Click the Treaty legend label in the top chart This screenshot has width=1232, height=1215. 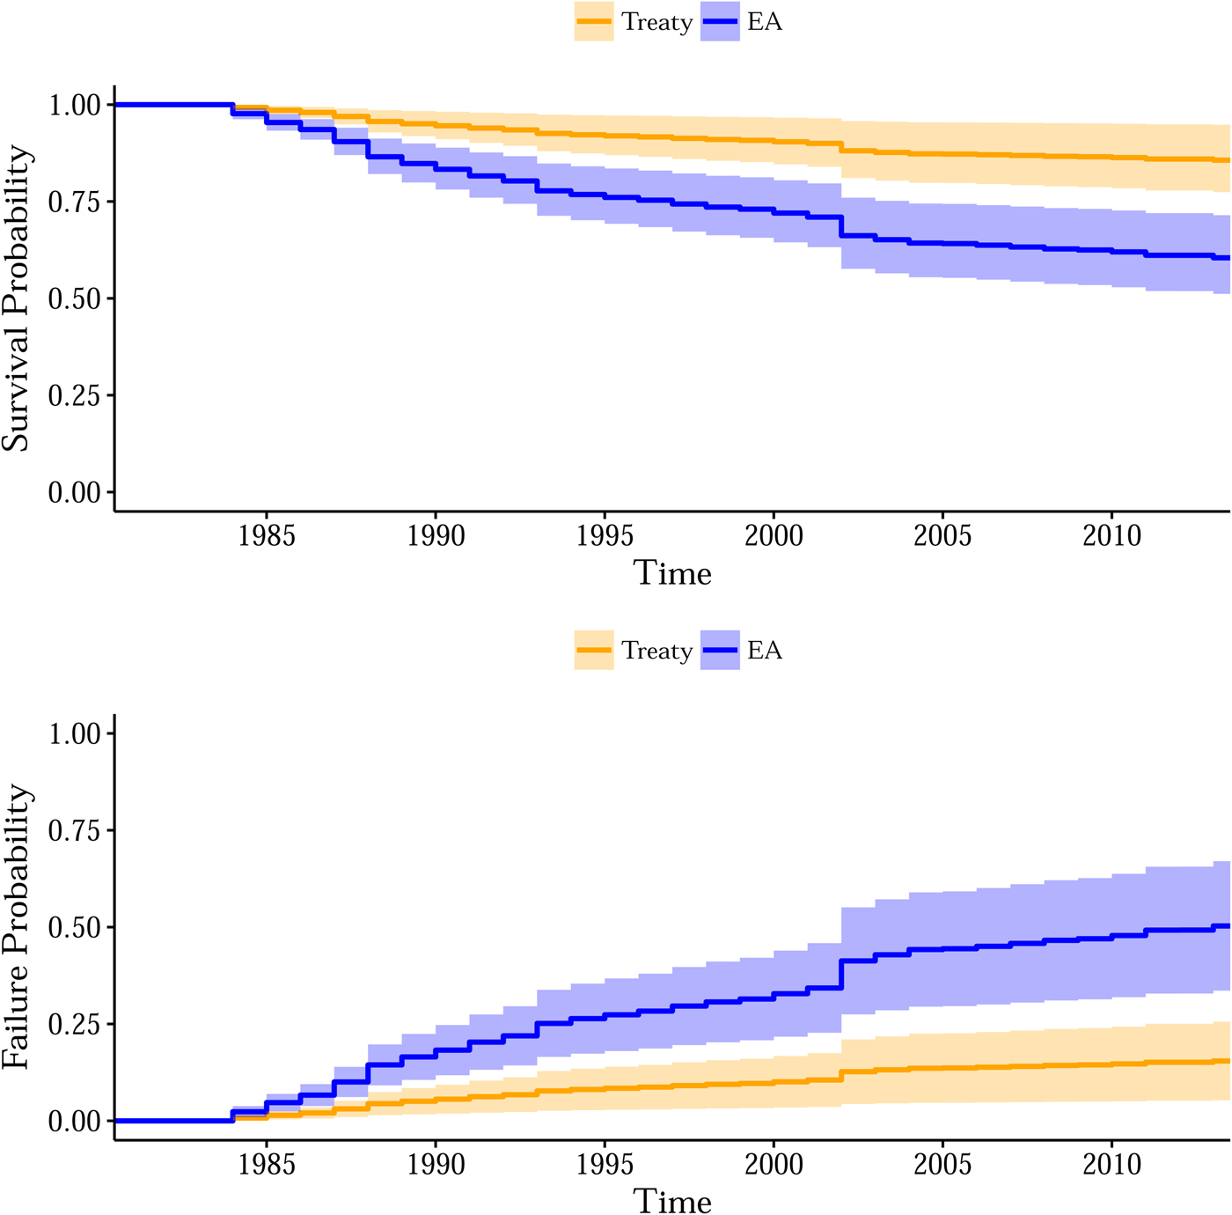656,22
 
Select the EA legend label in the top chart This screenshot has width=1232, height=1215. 765,22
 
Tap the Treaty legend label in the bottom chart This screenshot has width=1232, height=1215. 656,651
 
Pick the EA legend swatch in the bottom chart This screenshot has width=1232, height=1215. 720,651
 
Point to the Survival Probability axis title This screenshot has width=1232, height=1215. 16,298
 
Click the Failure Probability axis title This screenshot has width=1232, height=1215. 16,927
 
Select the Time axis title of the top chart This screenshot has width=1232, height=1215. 672,573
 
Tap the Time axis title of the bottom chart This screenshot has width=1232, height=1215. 672,1202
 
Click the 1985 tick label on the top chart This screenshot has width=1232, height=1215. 267,535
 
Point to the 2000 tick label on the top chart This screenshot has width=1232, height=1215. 774,535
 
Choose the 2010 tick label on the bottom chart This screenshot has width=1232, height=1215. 1111,1164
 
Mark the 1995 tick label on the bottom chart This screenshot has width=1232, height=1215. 605,1164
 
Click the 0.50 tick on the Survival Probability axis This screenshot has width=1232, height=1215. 75,298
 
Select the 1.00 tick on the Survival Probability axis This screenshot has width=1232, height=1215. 75,105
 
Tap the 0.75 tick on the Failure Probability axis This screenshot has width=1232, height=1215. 75,830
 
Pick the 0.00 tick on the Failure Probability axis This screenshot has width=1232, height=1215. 75,1121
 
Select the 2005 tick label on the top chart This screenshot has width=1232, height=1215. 942,535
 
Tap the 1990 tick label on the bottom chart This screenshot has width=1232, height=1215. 436,1164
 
